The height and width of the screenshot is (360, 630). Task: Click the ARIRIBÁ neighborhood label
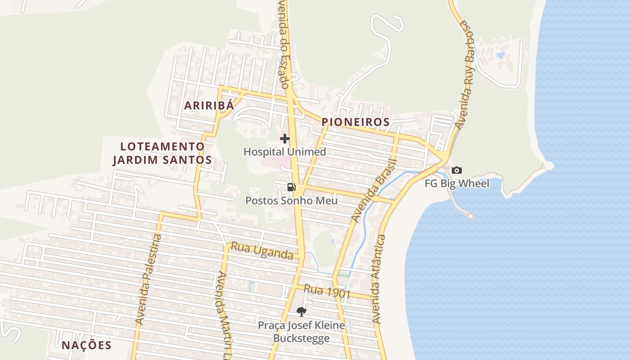click(209, 106)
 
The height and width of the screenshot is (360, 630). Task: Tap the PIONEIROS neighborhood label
click(355, 122)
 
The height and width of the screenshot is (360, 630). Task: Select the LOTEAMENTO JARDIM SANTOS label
click(162, 153)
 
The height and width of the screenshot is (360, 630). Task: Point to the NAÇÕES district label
click(86, 345)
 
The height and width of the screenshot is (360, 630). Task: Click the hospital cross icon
click(285, 139)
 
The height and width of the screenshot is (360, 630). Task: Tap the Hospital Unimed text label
click(284, 152)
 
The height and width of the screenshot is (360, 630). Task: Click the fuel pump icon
click(291, 187)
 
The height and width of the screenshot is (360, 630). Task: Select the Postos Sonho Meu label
click(291, 201)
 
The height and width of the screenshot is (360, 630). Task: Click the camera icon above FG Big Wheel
click(457, 170)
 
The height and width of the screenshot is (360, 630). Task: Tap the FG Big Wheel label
click(457, 184)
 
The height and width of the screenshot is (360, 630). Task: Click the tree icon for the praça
click(301, 311)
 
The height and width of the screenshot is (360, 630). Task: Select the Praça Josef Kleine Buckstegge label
click(301, 332)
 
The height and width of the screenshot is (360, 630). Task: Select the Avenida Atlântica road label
click(378, 279)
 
